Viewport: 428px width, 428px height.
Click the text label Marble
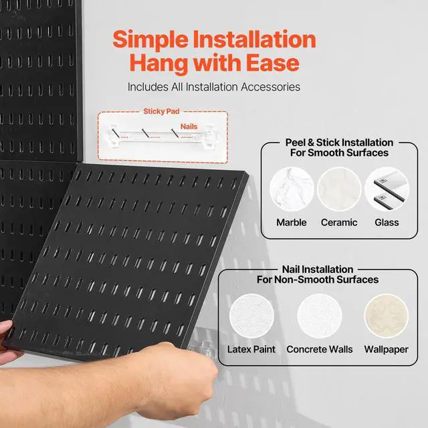tap(292, 222)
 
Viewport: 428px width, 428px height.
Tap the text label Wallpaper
tap(387, 349)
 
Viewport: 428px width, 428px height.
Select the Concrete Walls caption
tap(319, 349)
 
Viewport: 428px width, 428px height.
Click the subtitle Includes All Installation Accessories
tap(213, 86)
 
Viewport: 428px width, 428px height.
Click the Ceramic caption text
tap(338, 222)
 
